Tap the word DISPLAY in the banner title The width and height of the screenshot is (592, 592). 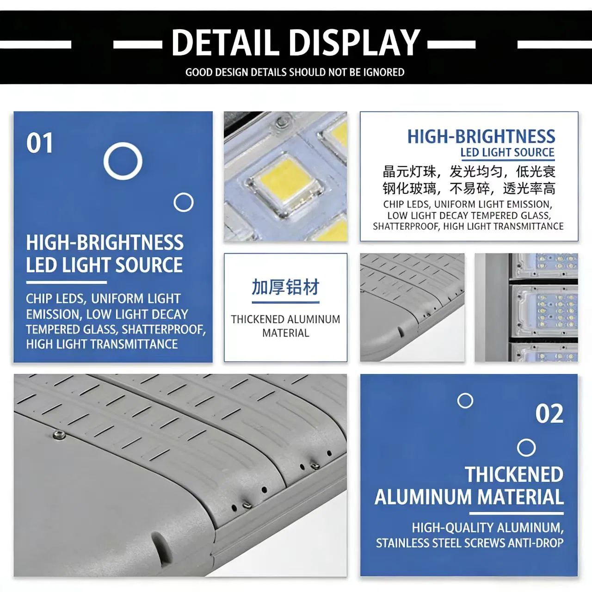click(x=356, y=43)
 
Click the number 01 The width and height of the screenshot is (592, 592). click(x=40, y=143)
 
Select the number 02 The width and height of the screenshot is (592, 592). click(x=549, y=413)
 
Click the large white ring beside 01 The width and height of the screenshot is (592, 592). click(x=123, y=161)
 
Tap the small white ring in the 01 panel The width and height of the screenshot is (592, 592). click(x=184, y=202)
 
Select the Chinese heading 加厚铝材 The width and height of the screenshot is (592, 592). click(x=285, y=287)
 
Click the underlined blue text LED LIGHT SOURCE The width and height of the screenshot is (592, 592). click(x=507, y=152)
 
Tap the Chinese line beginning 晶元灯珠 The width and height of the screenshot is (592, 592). click(x=469, y=172)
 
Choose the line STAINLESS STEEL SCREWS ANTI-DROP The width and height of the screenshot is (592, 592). click(x=469, y=543)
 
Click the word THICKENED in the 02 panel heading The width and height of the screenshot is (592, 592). click(x=514, y=475)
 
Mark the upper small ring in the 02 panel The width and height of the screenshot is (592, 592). click(x=465, y=401)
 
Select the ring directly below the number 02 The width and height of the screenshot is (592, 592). click(x=526, y=448)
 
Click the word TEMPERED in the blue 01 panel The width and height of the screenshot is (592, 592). click(x=46, y=329)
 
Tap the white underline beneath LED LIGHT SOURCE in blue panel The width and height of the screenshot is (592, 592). click(x=66, y=282)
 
